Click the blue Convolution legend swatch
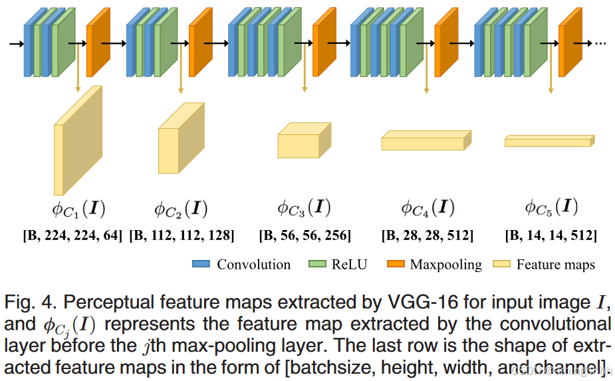point(201,264)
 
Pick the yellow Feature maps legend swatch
point(501,264)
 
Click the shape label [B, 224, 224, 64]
point(73,235)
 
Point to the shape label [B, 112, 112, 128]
point(182,235)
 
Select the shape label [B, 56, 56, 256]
point(305,235)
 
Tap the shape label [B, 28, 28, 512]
point(428,235)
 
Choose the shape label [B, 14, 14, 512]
point(551,235)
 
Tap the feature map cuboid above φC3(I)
point(303,141)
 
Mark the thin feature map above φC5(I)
point(549,141)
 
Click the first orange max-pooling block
point(98,41)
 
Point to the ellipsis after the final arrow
point(600,43)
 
